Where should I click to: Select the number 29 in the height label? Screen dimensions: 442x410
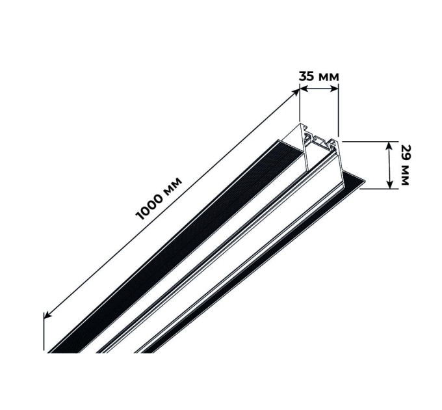(405, 154)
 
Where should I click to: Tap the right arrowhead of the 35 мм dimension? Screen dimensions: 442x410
(334, 89)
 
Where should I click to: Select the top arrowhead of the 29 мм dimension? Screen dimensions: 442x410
(389, 146)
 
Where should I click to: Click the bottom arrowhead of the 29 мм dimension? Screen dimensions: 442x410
(389, 184)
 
